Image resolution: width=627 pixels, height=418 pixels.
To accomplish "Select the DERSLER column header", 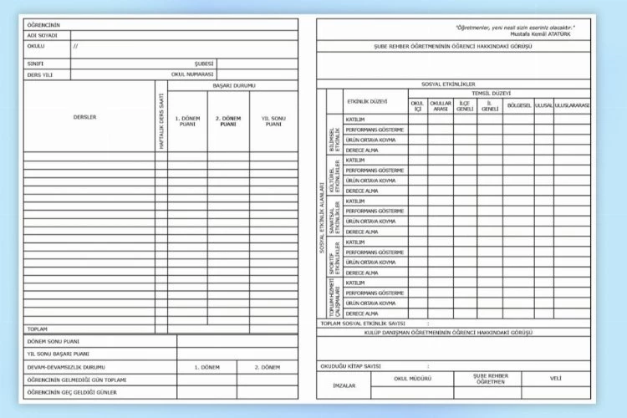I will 85,117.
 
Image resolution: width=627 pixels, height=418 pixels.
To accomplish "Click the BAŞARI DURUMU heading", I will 234,85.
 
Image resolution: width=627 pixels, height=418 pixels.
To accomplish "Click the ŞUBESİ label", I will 204,63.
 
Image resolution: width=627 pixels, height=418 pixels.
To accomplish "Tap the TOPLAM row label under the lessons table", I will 37,329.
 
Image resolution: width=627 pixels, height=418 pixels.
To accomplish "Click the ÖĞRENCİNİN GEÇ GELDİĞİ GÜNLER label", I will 71,391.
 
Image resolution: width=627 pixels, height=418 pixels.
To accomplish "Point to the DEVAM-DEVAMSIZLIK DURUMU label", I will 66,367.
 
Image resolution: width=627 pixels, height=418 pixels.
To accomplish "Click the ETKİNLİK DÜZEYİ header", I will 367,101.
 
